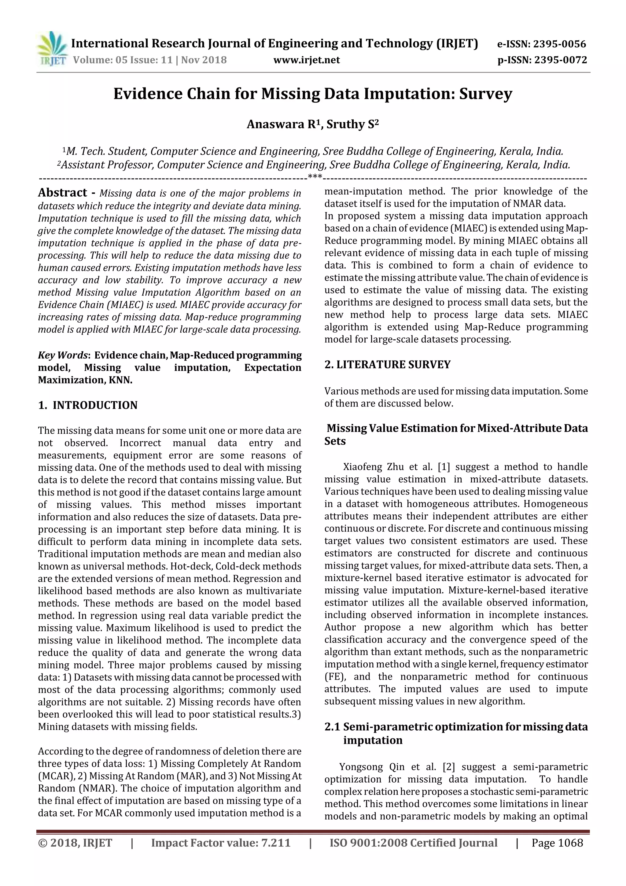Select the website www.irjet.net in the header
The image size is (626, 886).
pyautogui.click(x=307, y=60)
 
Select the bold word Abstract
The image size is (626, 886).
pyautogui.click(x=62, y=193)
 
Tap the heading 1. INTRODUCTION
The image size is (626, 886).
pyautogui.click(x=88, y=405)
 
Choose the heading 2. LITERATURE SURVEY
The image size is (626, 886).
pyautogui.click(x=387, y=365)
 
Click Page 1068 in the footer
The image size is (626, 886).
pyautogui.click(x=557, y=843)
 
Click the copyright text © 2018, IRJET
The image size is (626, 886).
pyautogui.click(x=75, y=843)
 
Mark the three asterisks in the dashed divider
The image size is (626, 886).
pyautogui.click(x=315, y=177)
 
